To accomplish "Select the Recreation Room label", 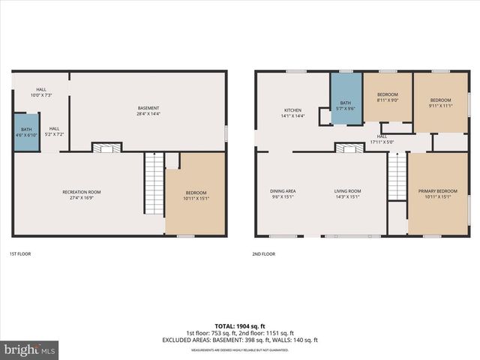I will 81,195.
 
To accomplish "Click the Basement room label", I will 148,110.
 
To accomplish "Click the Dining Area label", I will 283,193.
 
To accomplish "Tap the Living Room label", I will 347,193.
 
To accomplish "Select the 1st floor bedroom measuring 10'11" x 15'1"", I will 195,195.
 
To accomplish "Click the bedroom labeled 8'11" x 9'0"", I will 387,97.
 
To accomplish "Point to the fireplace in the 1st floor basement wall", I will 106,148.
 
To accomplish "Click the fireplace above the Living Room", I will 349,148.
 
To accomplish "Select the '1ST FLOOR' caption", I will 20,254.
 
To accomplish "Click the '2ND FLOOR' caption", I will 263,254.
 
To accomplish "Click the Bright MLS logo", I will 30,349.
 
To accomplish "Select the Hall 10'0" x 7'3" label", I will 40,92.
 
